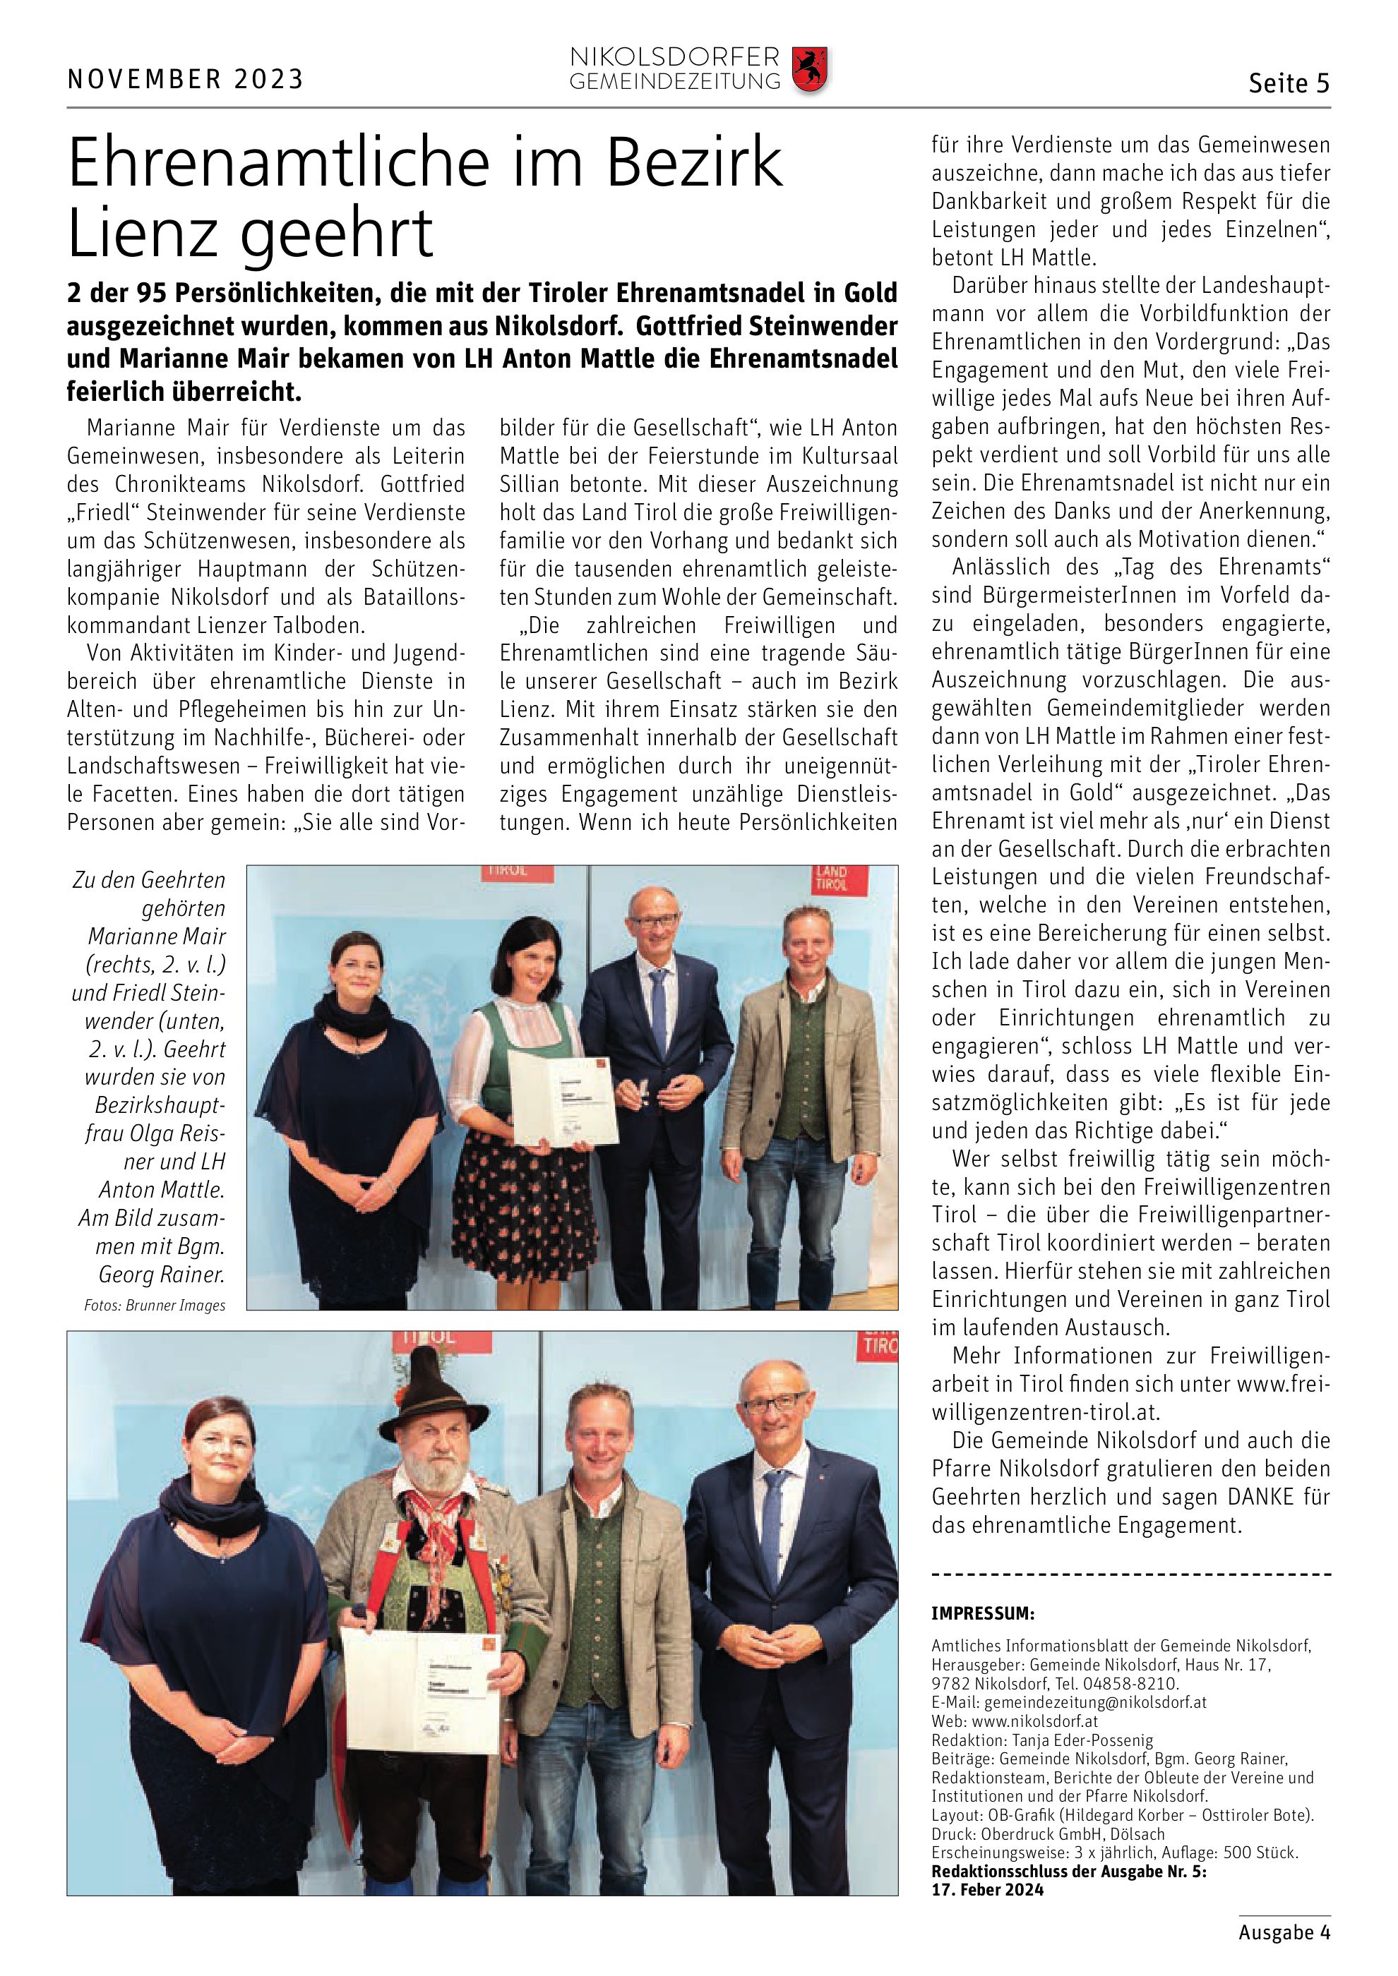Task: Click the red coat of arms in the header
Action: click(x=808, y=71)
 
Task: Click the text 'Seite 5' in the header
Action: click(x=1289, y=83)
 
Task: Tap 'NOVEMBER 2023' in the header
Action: click(x=185, y=79)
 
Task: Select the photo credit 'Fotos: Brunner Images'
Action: click(x=155, y=1306)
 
